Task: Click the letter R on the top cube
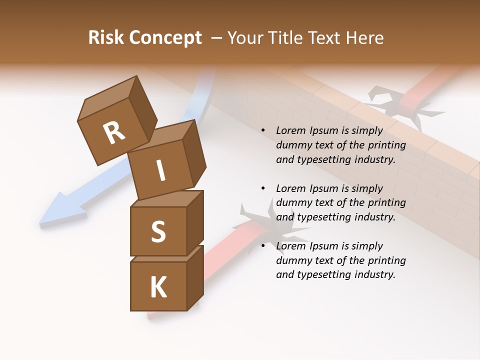point(114,132)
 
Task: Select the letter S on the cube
point(158,231)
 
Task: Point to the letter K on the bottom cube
point(158,287)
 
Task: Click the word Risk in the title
point(105,37)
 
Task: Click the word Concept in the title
point(165,38)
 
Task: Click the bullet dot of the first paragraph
point(263,130)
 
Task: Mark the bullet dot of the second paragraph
point(263,188)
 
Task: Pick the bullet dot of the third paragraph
point(263,246)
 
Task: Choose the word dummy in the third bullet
point(293,260)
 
